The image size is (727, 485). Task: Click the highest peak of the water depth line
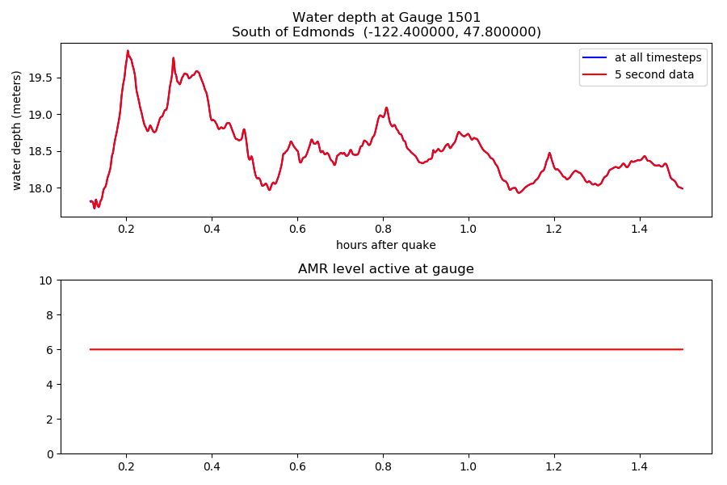coord(128,51)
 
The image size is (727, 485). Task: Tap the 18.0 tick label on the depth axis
coord(42,188)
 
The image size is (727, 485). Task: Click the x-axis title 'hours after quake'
coord(386,245)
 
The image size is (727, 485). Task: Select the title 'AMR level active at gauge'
coord(386,269)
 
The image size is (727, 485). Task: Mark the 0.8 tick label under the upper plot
coord(383,229)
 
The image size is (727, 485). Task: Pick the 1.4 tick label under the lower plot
coord(640,466)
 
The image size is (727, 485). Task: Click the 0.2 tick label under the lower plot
coord(126,466)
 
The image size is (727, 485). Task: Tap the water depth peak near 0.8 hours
coord(386,108)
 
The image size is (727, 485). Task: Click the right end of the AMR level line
coord(683,349)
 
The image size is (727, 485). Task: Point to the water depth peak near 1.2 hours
coord(549,153)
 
